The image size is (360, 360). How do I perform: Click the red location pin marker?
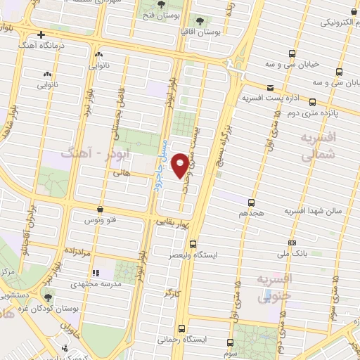[x=181, y=165]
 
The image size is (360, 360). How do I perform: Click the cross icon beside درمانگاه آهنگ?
[x=41, y=34]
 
